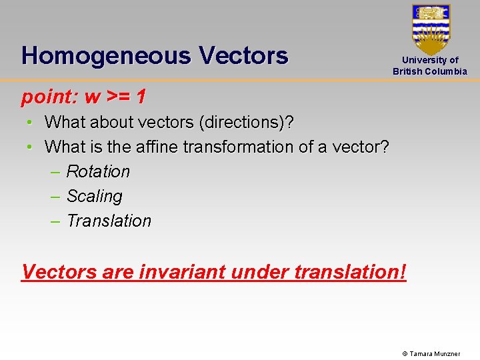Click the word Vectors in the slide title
click(243, 55)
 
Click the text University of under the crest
click(430, 60)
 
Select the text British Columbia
click(430, 71)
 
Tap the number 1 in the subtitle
click(141, 97)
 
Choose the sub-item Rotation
click(98, 171)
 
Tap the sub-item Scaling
click(95, 196)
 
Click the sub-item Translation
click(109, 221)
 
